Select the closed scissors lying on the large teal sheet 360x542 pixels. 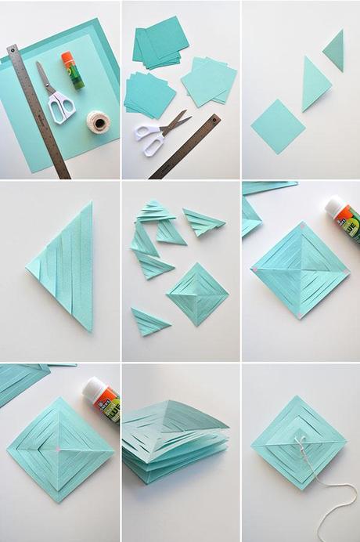click(x=54, y=96)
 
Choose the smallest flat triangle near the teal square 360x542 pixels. click(x=334, y=50)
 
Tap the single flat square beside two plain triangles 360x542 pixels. click(x=277, y=125)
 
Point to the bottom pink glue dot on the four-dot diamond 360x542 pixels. click(x=298, y=315)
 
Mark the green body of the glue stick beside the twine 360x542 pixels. click(x=75, y=76)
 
